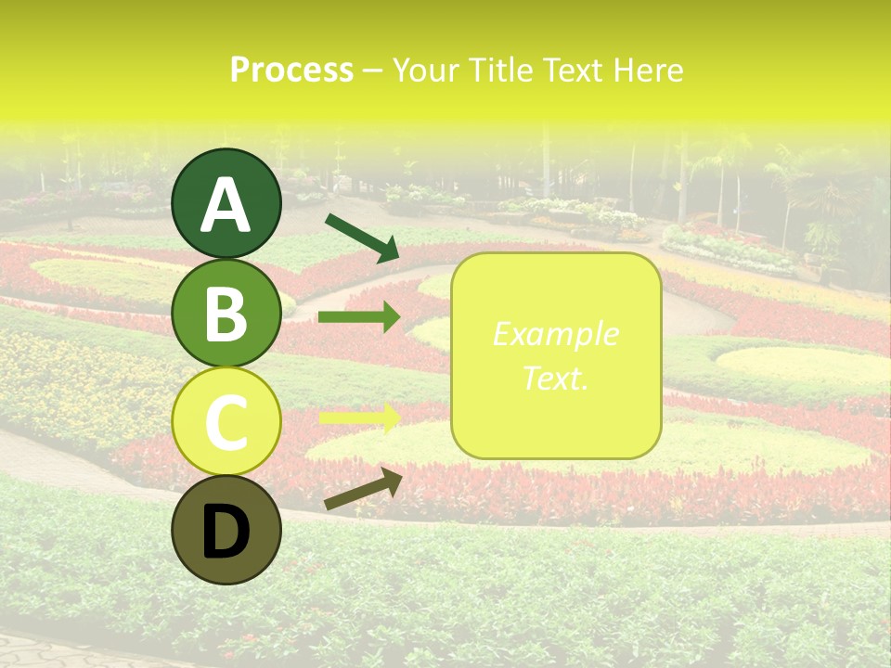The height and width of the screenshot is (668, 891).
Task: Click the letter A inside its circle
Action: (x=226, y=206)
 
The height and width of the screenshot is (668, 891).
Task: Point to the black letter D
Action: (x=226, y=533)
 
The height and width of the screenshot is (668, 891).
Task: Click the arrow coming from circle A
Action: (x=362, y=238)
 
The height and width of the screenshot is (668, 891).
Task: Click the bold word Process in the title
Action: (x=291, y=71)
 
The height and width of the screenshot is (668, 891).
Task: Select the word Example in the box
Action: (x=555, y=334)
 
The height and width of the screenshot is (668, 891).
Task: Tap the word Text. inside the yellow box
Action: (x=555, y=378)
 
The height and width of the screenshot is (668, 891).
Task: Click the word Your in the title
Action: (x=422, y=71)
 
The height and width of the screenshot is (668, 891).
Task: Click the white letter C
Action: (x=226, y=423)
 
